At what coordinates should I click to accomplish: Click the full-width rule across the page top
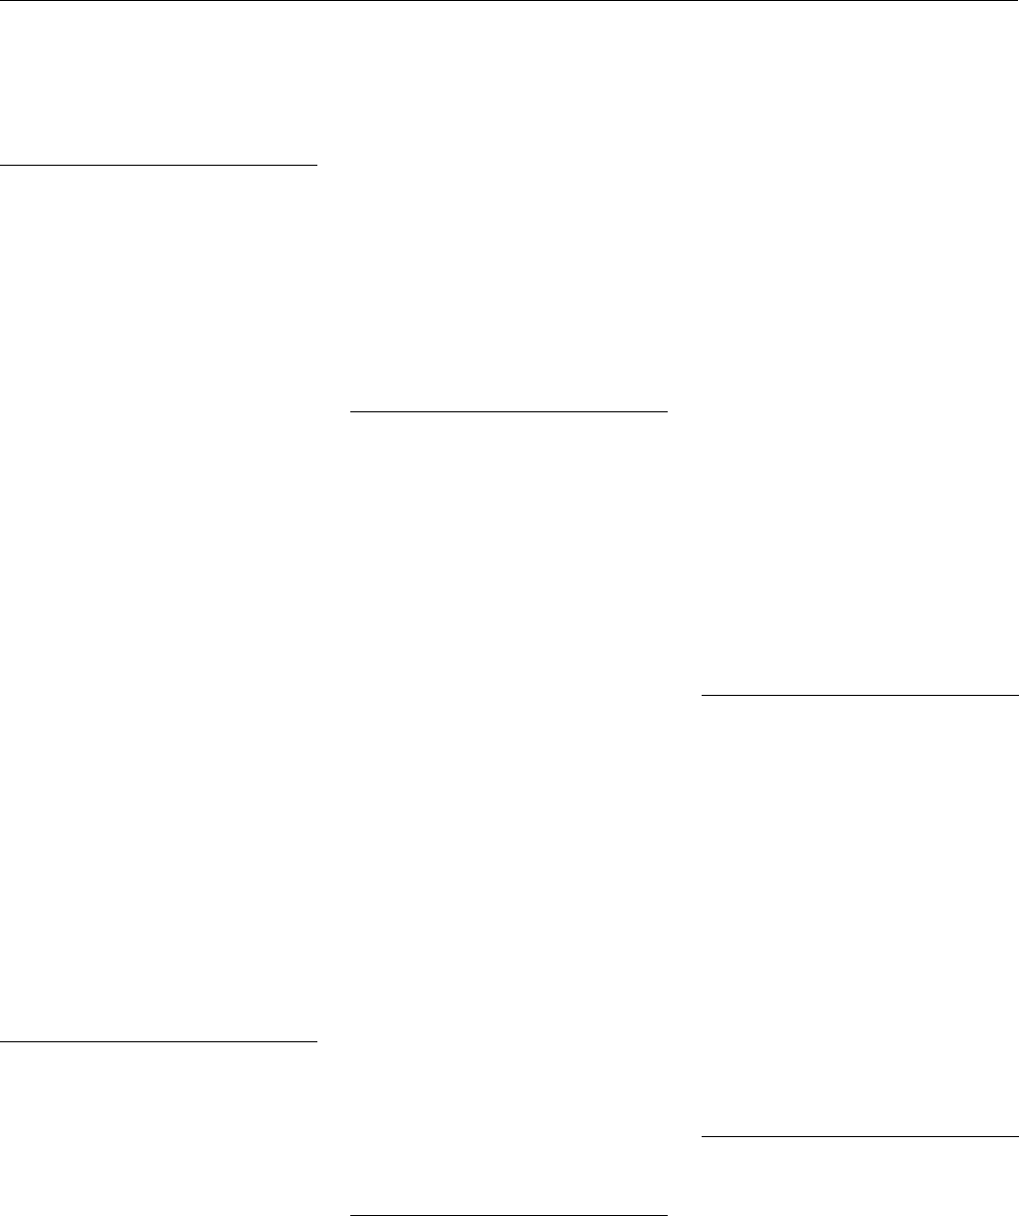[x=509, y=1]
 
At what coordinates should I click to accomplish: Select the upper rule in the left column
[x=158, y=163]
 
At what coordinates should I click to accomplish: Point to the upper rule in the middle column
[x=509, y=410]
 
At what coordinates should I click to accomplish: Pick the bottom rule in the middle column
[x=509, y=1215]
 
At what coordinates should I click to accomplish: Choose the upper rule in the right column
[x=859, y=693]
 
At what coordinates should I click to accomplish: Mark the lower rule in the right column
[x=859, y=1136]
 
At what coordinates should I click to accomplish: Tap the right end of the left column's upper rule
[x=314, y=163]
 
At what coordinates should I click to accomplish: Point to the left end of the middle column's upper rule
[x=352, y=410]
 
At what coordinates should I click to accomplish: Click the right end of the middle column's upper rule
[x=665, y=410]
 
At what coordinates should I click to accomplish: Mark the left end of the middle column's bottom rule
[x=352, y=1215]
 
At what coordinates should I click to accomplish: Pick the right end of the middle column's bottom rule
[x=665, y=1215]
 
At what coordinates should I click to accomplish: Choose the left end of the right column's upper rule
[x=703, y=693]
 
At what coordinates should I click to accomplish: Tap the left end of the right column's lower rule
[x=703, y=1136]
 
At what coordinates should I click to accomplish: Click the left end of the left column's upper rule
[x=2, y=163]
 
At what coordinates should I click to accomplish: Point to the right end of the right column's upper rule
[x=1016, y=693]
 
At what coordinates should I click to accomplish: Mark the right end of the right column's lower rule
[x=1016, y=1136]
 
